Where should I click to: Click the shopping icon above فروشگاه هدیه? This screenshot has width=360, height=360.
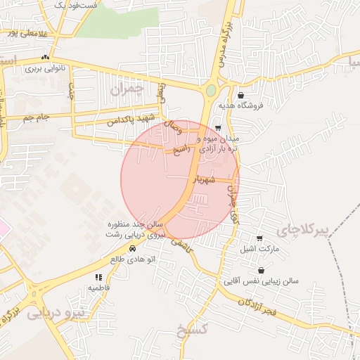241,95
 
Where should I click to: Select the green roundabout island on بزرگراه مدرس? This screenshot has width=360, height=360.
211,91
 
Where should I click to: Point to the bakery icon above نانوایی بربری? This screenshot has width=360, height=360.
46,58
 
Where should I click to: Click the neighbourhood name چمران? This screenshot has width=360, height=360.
127,89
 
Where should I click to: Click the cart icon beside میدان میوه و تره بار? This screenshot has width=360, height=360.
218,128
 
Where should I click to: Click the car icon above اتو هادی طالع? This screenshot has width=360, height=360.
131,248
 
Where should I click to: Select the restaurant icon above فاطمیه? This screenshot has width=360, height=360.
98,278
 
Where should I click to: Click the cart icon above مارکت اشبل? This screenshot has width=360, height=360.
259,238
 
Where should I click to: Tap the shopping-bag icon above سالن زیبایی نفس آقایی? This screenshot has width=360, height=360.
262,270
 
